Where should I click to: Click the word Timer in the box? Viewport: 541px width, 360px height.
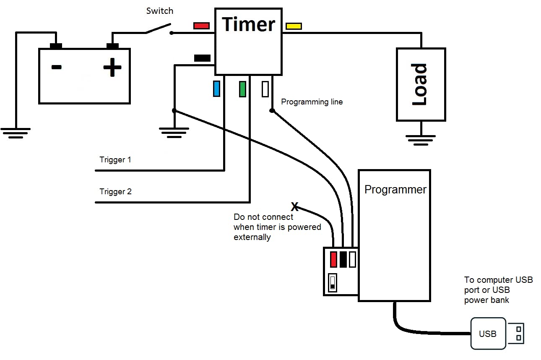248,24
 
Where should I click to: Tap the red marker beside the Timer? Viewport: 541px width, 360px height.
201,26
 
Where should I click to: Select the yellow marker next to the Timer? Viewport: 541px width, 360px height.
293,26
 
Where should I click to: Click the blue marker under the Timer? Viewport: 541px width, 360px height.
216,89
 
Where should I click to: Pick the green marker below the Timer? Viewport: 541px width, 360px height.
242,89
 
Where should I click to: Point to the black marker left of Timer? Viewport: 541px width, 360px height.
202,58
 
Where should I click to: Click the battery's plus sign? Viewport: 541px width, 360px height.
112,68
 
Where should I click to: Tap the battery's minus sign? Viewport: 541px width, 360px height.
56,67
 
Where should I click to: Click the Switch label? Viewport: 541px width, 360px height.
159,11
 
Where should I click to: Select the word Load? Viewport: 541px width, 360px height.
420,84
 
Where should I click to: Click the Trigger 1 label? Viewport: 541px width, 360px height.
115,160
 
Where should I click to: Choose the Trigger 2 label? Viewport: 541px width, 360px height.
115,192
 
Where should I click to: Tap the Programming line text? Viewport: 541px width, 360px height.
312,102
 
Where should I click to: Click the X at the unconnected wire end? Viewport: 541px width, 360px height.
295,206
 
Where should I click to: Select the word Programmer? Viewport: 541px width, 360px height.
395,190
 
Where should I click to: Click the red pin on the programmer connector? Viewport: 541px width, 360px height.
334,259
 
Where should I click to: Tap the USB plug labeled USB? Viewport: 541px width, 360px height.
488,334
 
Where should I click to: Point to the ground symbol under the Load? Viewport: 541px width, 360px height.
421,140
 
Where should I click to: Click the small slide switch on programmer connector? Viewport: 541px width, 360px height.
333,283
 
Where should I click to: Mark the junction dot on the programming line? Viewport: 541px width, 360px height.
272,111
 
